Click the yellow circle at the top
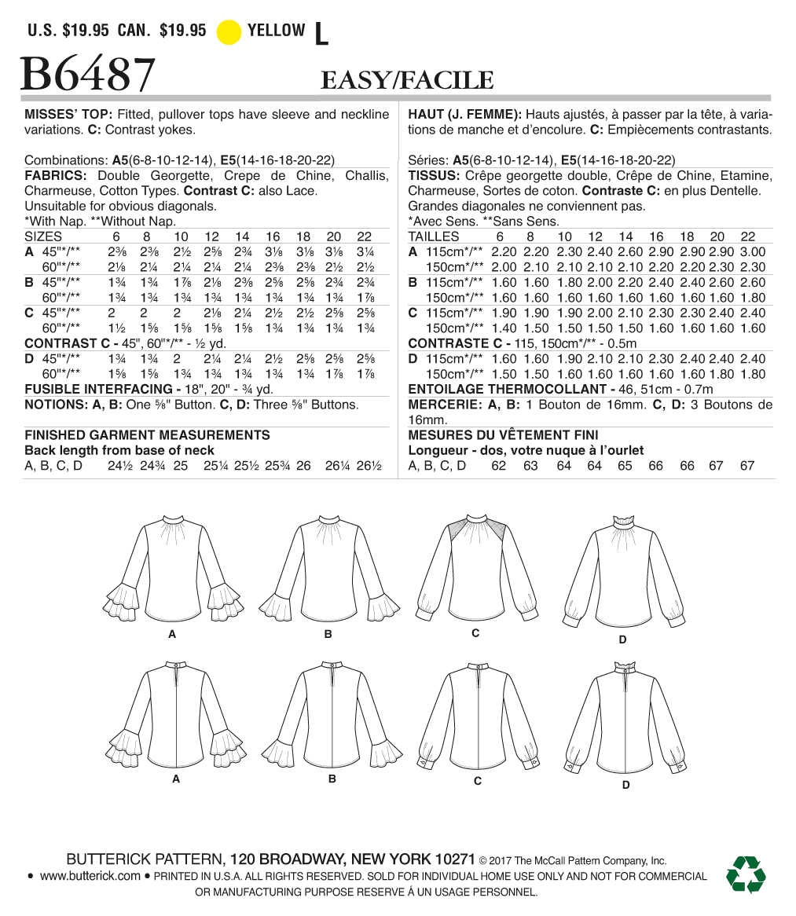point(228,32)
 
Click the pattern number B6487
point(87,75)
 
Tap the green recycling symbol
point(746,874)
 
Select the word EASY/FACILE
point(407,80)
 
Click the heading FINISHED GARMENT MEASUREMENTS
point(147,434)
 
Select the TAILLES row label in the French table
point(434,236)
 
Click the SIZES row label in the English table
point(43,236)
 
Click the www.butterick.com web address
point(90,876)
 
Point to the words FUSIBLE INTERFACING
point(97,389)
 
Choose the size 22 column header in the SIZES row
point(365,236)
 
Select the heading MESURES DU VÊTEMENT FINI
point(503,434)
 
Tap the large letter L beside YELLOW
point(320,33)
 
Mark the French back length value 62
point(499,466)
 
